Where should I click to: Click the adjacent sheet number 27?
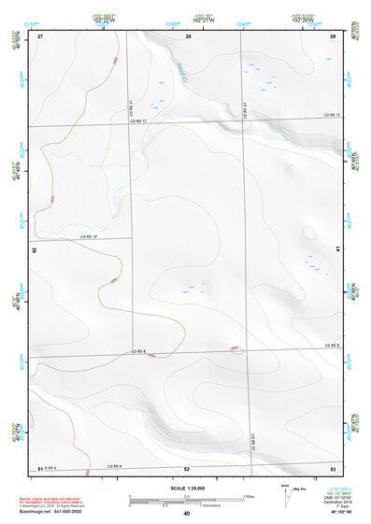40,36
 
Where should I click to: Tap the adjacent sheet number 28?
188,36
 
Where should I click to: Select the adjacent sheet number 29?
332,36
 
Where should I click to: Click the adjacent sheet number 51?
40,468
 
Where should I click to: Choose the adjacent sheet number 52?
187,468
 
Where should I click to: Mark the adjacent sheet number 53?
332,468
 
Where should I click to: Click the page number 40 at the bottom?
187,513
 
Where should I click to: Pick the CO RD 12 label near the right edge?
329,115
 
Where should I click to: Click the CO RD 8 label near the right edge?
329,345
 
